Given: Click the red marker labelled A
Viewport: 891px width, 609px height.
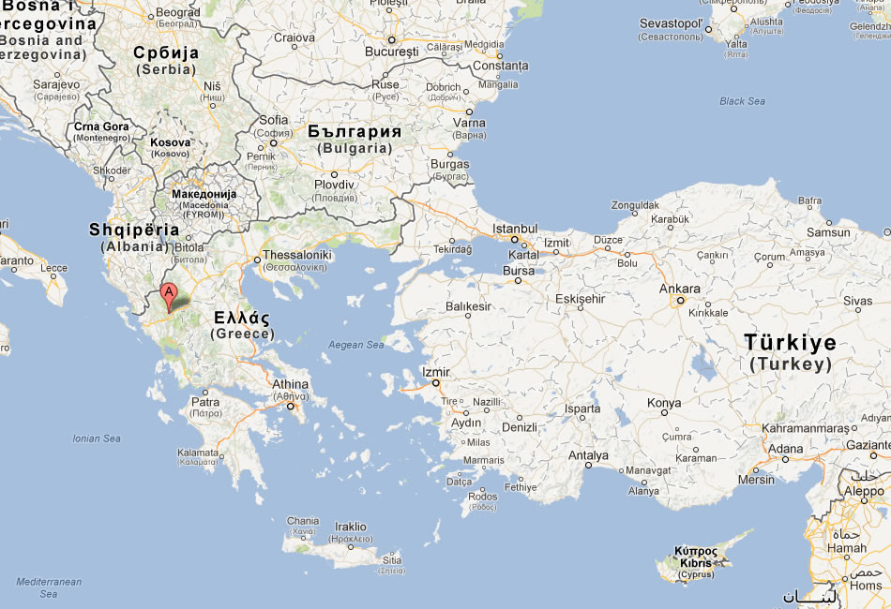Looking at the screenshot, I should [169, 293].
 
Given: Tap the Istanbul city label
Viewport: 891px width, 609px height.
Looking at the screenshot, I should [515, 229].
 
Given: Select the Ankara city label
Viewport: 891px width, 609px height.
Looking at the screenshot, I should [679, 289].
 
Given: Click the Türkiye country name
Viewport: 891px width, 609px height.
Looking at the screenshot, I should [790, 343].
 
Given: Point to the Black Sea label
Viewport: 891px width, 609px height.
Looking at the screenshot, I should [742, 101].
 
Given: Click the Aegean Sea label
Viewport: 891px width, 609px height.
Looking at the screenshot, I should [356, 345].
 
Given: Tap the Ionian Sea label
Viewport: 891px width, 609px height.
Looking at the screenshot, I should [98, 438].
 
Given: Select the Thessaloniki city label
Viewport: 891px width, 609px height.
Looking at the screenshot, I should [298, 255].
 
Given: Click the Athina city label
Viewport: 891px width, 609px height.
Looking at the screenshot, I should [290, 384].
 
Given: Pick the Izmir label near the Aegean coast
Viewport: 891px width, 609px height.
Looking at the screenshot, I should [436, 372].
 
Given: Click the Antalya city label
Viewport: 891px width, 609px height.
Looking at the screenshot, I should [589, 456].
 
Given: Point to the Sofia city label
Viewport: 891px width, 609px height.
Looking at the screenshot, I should [274, 120].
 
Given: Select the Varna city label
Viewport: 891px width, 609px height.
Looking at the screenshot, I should [470, 123].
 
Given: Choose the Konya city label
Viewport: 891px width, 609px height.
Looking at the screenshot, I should [664, 403].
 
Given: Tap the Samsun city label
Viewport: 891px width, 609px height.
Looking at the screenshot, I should [828, 232].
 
